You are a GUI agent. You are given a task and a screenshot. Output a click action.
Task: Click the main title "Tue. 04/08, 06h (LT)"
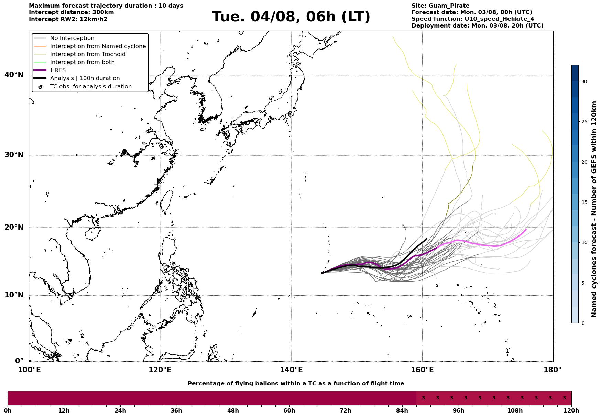pos(291,17)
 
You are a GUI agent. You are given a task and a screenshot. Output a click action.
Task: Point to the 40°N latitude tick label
pos(14,75)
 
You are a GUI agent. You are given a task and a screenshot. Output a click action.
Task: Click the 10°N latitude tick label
pos(14,295)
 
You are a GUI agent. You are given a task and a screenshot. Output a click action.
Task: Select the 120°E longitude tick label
pos(160,370)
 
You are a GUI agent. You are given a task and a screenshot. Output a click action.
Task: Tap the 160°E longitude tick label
pos(422,370)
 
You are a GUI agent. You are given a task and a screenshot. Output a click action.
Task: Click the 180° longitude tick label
pos(553,370)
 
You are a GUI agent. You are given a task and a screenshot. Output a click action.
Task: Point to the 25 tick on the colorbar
pos(584,122)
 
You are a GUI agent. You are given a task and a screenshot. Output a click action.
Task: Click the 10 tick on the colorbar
pos(584,242)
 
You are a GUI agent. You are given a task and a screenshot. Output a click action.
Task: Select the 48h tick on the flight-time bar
pos(233,411)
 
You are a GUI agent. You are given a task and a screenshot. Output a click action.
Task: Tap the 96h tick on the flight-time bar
pos(458,411)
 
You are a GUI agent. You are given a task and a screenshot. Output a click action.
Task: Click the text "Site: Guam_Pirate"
pos(440,6)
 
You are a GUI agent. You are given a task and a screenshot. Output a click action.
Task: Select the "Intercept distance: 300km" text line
pos(72,12)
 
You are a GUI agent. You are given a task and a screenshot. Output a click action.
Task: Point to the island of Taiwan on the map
pos(167,201)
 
